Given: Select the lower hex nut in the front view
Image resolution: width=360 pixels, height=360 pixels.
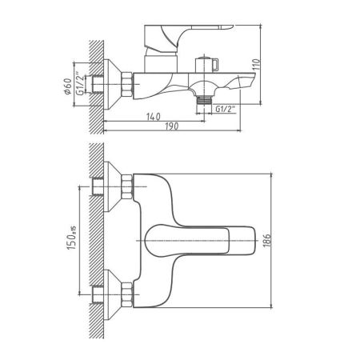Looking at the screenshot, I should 126,288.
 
